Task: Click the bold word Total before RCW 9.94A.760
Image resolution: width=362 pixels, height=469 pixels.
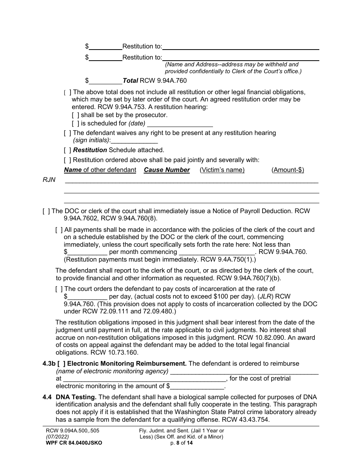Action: (130, 80)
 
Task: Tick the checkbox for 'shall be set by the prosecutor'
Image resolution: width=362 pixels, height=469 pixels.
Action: (75, 115)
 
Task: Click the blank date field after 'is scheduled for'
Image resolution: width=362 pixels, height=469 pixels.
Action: (179, 124)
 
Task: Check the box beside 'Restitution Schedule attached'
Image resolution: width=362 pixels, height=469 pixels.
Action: (67, 150)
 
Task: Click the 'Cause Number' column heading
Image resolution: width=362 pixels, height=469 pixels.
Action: (167, 170)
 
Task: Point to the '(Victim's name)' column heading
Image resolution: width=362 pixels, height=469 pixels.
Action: (222, 170)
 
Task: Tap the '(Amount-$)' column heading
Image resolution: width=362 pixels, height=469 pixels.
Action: (288, 170)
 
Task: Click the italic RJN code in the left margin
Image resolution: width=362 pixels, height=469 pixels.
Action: (49, 180)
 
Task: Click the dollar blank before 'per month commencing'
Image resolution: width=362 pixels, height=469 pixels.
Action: (87, 252)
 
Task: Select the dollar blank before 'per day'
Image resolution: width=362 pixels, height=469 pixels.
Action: (87, 296)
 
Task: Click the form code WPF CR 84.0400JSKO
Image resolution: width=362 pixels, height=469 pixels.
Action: (72, 443)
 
